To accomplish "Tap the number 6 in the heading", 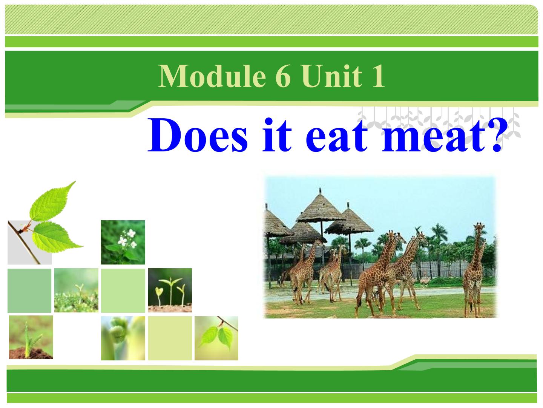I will pos(283,76).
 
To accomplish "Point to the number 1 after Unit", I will pos(378,76).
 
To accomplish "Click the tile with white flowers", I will pos(123,242).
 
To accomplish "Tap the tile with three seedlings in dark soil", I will pos(170,290).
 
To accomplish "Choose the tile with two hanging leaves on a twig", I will pos(216,338).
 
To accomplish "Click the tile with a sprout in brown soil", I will pos(31,337).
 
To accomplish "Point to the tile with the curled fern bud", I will pos(123,338).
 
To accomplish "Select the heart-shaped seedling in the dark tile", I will pos(160,292).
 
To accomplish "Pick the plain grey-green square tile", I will pos(29,291).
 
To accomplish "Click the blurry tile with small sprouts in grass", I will pos(76,290).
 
